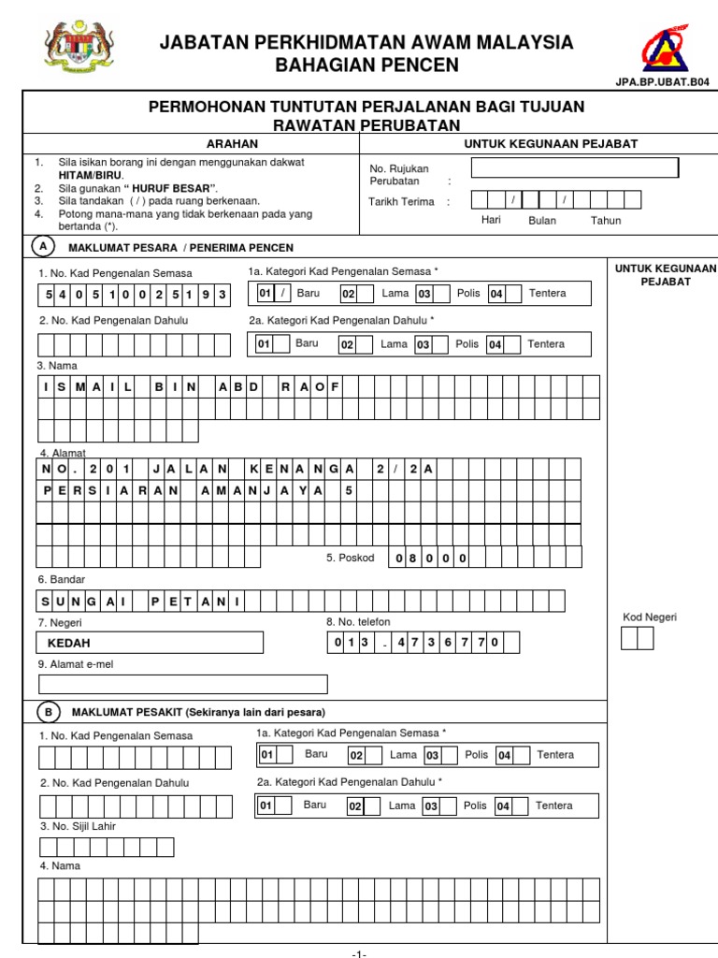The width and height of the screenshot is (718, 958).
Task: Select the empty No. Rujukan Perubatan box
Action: click(x=574, y=168)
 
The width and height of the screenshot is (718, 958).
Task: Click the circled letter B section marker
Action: click(x=49, y=712)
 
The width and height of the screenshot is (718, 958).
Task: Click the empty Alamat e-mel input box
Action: click(x=183, y=684)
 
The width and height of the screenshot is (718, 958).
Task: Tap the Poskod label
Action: click(x=350, y=558)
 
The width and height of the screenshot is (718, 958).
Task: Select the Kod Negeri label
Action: click(x=650, y=617)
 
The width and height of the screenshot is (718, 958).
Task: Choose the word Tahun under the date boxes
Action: click(x=605, y=221)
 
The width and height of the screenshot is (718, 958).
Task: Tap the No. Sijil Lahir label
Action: click(x=78, y=826)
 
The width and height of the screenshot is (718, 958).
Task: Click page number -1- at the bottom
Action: click(x=359, y=952)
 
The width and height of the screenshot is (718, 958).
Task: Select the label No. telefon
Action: click(x=358, y=621)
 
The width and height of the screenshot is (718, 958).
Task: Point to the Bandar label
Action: click(x=61, y=580)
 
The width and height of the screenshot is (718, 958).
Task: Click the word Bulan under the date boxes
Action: click(x=542, y=221)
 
